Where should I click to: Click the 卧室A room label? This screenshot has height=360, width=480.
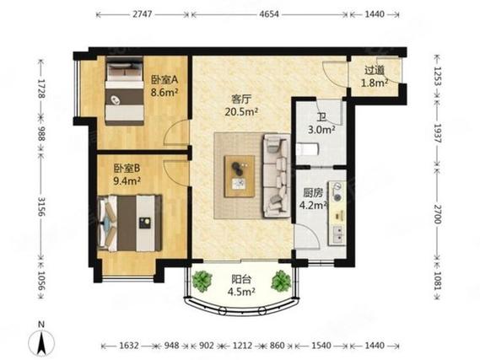164,80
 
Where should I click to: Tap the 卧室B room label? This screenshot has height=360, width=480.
127,168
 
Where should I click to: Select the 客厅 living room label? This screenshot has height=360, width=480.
241,99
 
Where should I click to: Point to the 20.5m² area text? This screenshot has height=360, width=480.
241,112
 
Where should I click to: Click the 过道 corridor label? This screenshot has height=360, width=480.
375,70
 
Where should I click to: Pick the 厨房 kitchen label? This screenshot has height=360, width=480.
313,193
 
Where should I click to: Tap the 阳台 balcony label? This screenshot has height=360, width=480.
241,279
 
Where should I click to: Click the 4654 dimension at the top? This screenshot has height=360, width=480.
269,14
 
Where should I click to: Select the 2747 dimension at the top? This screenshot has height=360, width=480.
143,14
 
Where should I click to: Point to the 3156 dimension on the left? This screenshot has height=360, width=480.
41,207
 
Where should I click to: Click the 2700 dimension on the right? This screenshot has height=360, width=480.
439,214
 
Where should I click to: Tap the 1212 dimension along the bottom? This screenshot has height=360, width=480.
242,346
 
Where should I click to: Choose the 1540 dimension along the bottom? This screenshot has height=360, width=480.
321,346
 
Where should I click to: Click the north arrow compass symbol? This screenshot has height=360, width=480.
41,340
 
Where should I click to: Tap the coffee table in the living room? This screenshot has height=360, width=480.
240,176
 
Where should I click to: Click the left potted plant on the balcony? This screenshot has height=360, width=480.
202,281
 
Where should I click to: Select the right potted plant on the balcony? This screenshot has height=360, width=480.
281,281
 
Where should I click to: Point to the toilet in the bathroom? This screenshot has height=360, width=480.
308,149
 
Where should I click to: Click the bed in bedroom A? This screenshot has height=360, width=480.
124,91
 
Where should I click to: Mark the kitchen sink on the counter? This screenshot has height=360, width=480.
337,235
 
